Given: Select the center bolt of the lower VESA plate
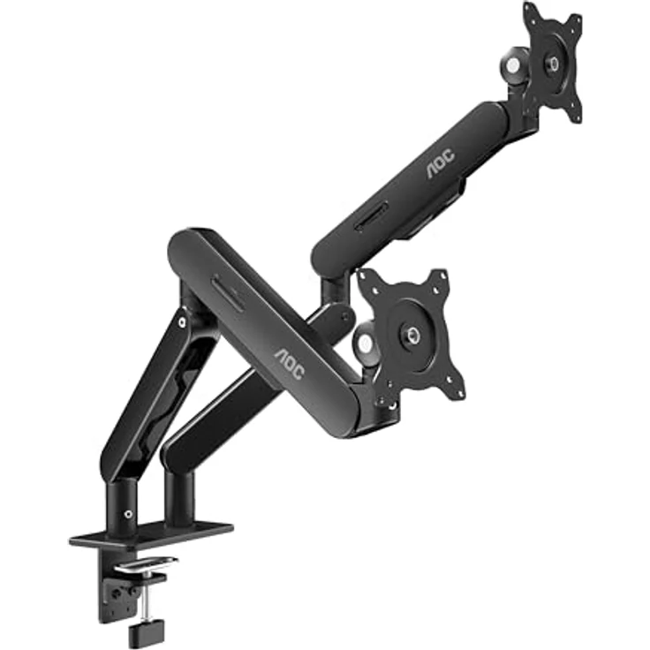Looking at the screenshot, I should [x=412, y=334].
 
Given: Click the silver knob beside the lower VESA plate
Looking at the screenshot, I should [x=365, y=344].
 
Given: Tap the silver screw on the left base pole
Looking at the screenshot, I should [x=129, y=514].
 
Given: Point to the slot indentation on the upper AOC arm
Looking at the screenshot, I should [x=371, y=217].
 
